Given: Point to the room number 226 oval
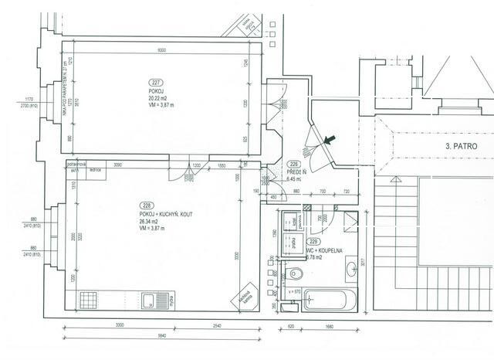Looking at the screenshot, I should [294, 164].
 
